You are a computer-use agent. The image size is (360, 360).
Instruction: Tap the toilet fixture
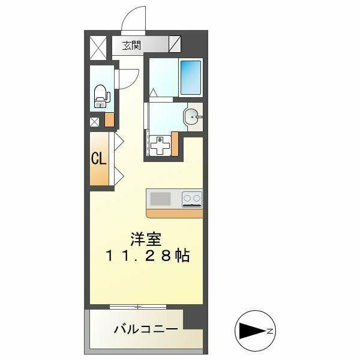[100, 95]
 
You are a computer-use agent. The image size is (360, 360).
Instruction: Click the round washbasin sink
[192, 116]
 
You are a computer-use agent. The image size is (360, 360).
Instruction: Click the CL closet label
[99, 159]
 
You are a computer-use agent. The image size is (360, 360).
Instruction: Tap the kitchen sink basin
[161, 198]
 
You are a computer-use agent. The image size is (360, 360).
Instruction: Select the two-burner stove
[192, 198]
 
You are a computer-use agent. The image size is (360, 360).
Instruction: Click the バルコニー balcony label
[146, 329]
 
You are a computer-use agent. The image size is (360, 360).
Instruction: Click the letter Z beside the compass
[271, 331]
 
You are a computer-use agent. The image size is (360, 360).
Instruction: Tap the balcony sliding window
[138, 307]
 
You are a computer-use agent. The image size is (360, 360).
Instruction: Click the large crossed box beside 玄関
[98, 45]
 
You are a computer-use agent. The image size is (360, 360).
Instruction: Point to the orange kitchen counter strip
[174, 213]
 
